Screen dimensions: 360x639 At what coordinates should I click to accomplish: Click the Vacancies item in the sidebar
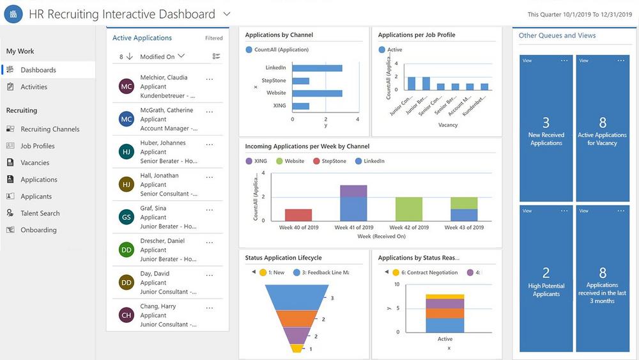pos(35,162)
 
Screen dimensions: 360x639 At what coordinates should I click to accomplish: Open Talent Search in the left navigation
pos(40,213)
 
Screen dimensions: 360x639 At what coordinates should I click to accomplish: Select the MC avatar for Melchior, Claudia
pos(127,86)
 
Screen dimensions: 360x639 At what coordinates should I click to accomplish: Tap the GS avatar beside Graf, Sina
pos(127,217)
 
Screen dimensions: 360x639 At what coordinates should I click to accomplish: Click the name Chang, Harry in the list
pos(158,306)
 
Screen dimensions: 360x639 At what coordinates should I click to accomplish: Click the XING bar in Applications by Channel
pos(301,106)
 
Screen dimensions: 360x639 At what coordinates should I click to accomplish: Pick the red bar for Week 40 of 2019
pos(298,215)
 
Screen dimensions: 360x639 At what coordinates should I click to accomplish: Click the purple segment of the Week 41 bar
pos(353,191)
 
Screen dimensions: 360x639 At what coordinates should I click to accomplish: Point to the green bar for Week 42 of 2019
pos(409,209)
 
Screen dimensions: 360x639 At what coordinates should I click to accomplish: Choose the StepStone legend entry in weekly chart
pos(334,161)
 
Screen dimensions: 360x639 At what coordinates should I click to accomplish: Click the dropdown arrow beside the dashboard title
pos(227,13)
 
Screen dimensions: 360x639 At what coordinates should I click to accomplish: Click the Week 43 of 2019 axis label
pos(464,227)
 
